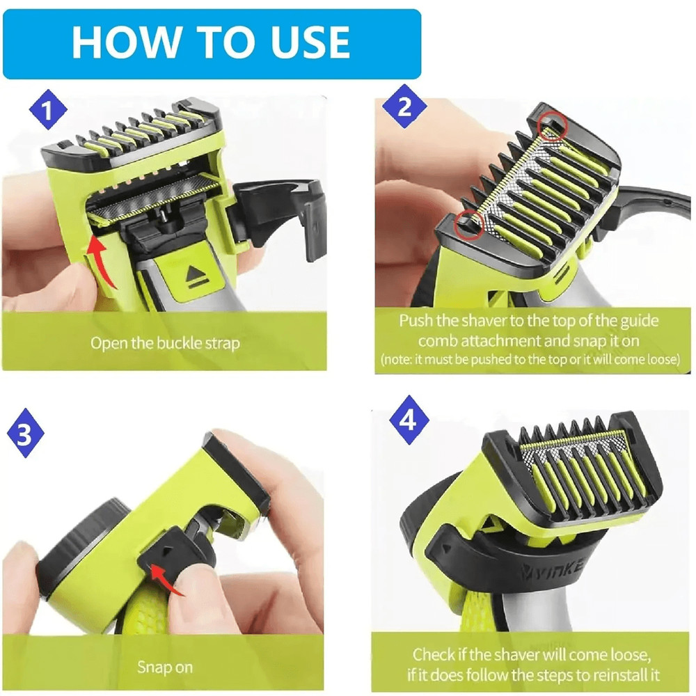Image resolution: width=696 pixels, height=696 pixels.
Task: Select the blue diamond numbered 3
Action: coord(26,436)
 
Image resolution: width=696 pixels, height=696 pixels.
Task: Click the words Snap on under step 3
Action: coord(164,667)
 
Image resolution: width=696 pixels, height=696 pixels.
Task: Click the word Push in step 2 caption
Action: coord(415,322)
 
